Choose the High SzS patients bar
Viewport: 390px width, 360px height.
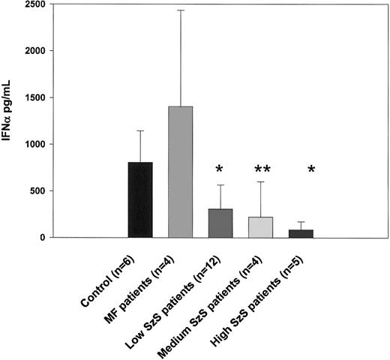[301, 233]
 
